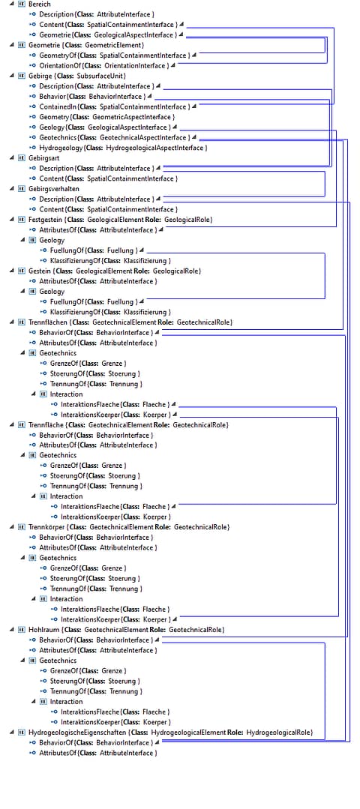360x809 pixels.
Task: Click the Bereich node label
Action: tap(40, 4)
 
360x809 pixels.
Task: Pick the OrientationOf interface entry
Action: tap(104, 65)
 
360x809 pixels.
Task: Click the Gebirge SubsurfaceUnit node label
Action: tap(76, 76)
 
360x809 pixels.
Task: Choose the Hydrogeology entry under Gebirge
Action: tap(123, 148)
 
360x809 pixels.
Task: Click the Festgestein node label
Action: tap(121, 220)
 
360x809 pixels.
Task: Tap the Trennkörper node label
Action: tap(129, 527)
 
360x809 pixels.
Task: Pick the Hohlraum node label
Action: tap(126, 630)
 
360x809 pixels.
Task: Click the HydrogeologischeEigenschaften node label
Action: tap(170, 732)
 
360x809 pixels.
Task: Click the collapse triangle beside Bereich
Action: tap(11, 4)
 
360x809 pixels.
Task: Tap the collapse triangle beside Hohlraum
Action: tap(11, 630)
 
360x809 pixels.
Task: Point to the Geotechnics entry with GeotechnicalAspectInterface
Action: tap(115, 138)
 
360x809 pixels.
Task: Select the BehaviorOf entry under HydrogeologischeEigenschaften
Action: tap(96, 742)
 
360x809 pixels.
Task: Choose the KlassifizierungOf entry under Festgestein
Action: tap(110, 261)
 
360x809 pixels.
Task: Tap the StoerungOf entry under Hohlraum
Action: tap(95, 681)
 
